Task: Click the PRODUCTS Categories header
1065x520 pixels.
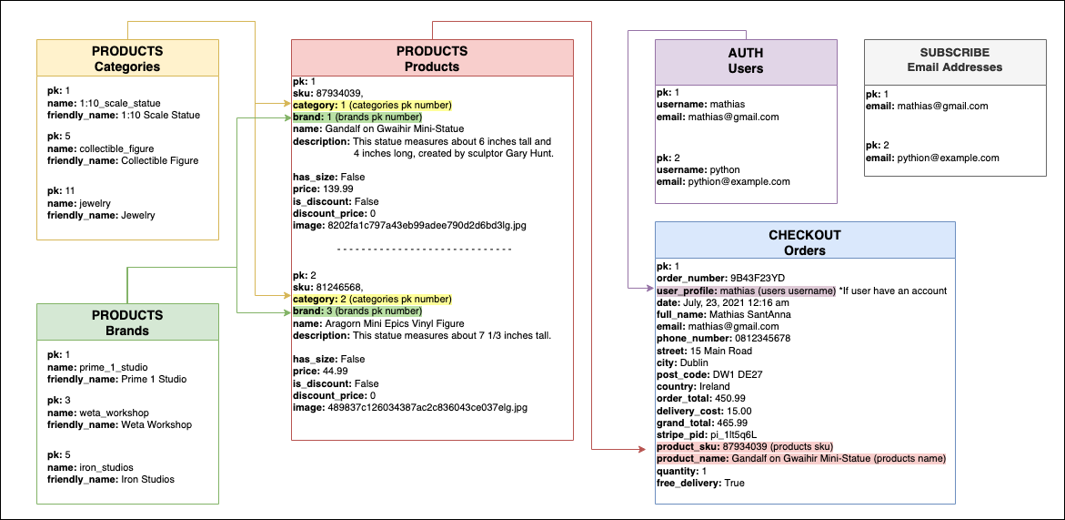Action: coord(127,58)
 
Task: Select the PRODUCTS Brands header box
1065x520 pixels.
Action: coord(127,322)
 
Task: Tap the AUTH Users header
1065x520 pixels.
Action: coord(746,60)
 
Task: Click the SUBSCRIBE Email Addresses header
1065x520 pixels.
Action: coord(954,59)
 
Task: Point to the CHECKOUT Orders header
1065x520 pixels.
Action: coord(804,242)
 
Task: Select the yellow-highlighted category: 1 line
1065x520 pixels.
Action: coord(372,105)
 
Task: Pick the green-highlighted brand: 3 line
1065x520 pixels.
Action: coord(357,311)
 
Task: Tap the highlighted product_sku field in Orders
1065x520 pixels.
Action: coord(744,446)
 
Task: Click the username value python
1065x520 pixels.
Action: coord(724,169)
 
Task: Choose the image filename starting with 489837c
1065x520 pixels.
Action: coord(429,408)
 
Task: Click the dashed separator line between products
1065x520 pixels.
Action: coord(424,249)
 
